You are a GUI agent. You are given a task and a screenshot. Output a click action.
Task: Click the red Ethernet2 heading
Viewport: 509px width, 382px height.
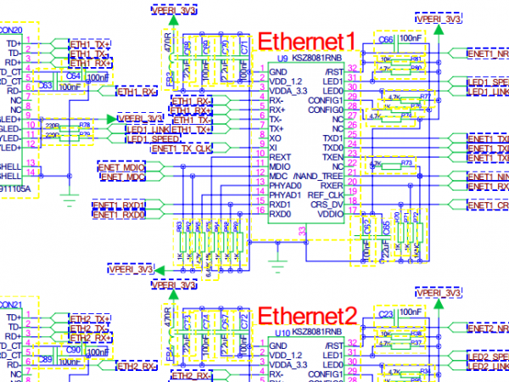[305, 316]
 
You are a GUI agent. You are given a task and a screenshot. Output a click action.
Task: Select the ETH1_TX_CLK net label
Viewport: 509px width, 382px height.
[182, 149]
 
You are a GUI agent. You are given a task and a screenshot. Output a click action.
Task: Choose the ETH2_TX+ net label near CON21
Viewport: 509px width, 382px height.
[90, 317]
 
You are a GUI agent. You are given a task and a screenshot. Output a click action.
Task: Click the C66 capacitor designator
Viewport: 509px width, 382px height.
[383, 39]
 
